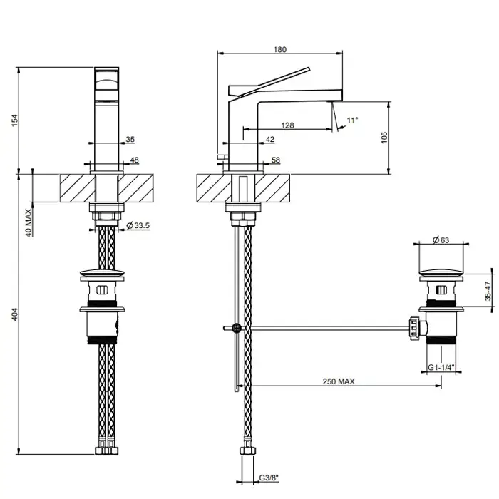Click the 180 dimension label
point(279,49)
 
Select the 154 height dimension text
point(15,120)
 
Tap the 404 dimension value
point(15,314)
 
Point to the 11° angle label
point(352,120)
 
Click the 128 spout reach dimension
point(287,125)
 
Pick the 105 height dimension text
point(384,138)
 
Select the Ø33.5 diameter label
point(138,225)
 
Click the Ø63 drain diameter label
point(441,240)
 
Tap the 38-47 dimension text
point(488,291)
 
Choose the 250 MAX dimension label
point(339,381)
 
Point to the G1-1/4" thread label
point(441,367)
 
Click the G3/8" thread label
point(269,478)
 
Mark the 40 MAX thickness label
point(29,222)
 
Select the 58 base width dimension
point(276,160)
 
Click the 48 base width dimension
point(134,160)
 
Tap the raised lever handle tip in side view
point(309,68)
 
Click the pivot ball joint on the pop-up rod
point(237,327)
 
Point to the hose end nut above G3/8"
point(247,451)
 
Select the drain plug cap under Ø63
point(441,273)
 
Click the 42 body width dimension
point(270,139)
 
